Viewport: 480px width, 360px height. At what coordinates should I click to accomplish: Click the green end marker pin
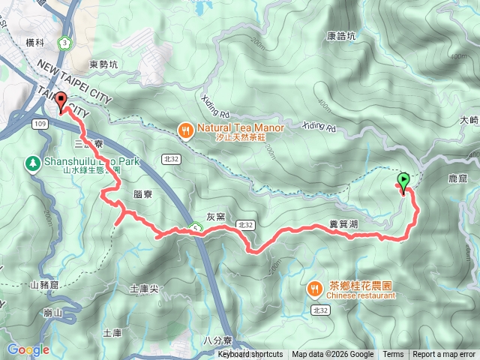point(404,181)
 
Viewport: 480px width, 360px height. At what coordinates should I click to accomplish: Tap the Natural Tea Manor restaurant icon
point(185,132)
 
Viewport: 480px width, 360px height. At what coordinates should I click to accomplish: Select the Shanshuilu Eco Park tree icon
point(32,162)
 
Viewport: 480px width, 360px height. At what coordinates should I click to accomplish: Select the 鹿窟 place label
point(457,179)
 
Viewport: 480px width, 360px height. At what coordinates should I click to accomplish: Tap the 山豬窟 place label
point(44,285)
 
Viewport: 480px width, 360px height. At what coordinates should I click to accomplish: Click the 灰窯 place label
point(216,217)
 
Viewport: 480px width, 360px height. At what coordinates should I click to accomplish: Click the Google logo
point(28,349)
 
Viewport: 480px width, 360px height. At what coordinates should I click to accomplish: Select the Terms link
point(393,355)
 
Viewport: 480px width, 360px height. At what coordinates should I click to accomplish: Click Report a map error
point(444,355)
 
